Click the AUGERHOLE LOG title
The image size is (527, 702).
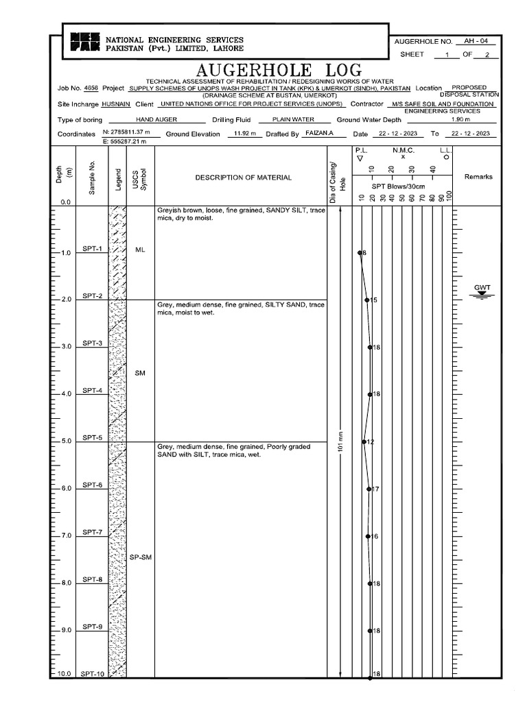(279, 70)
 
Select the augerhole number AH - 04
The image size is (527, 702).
(479, 41)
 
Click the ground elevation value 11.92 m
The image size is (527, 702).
(245, 134)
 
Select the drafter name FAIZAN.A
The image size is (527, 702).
(318, 134)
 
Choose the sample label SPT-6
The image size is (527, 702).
(93, 485)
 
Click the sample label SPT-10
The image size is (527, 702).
(91, 674)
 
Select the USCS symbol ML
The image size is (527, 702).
(140, 250)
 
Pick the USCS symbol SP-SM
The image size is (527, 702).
(140, 557)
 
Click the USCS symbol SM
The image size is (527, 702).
(140, 373)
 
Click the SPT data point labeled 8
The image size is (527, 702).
(360, 253)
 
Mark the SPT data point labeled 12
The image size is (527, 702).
(364, 441)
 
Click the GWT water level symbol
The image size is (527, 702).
(482, 294)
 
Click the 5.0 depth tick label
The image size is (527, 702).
(65, 441)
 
